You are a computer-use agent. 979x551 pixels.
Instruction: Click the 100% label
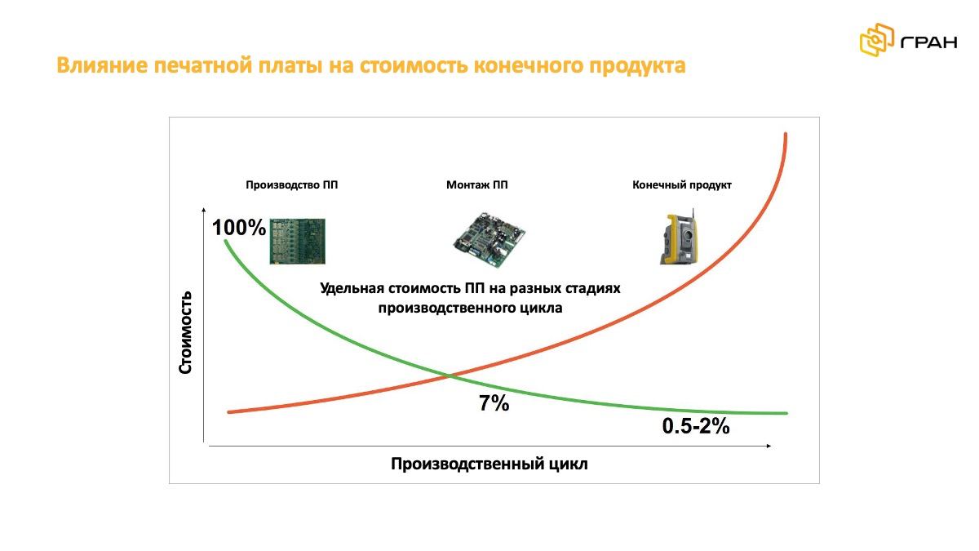click(x=238, y=228)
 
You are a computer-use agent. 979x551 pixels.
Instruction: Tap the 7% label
click(x=494, y=403)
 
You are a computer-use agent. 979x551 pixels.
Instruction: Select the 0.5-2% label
click(x=696, y=426)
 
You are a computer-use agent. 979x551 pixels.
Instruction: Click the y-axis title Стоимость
click(x=185, y=332)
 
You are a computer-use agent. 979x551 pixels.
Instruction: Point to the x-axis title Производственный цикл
click(x=489, y=464)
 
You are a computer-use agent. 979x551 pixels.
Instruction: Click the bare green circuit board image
click(x=297, y=241)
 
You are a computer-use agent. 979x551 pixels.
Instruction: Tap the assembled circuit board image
click(x=489, y=239)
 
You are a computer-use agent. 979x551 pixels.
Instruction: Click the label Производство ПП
click(x=291, y=185)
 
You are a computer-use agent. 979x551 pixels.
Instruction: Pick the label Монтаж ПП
click(x=476, y=185)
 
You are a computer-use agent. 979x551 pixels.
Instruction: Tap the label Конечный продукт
click(x=682, y=185)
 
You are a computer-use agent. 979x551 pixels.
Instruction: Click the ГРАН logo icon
click(x=877, y=40)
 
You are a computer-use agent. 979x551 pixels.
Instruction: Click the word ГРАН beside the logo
click(x=928, y=42)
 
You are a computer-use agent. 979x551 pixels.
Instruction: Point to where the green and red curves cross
click(x=450, y=375)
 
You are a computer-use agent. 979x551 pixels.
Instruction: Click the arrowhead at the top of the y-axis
click(x=204, y=210)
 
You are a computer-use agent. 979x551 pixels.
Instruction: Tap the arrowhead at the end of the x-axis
click(x=769, y=446)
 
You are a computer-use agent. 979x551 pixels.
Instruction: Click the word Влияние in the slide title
click(x=102, y=65)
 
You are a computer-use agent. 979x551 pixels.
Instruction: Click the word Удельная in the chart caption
click(x=352, y=289)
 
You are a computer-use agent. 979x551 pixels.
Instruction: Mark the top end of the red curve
click(x=786, y=134)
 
